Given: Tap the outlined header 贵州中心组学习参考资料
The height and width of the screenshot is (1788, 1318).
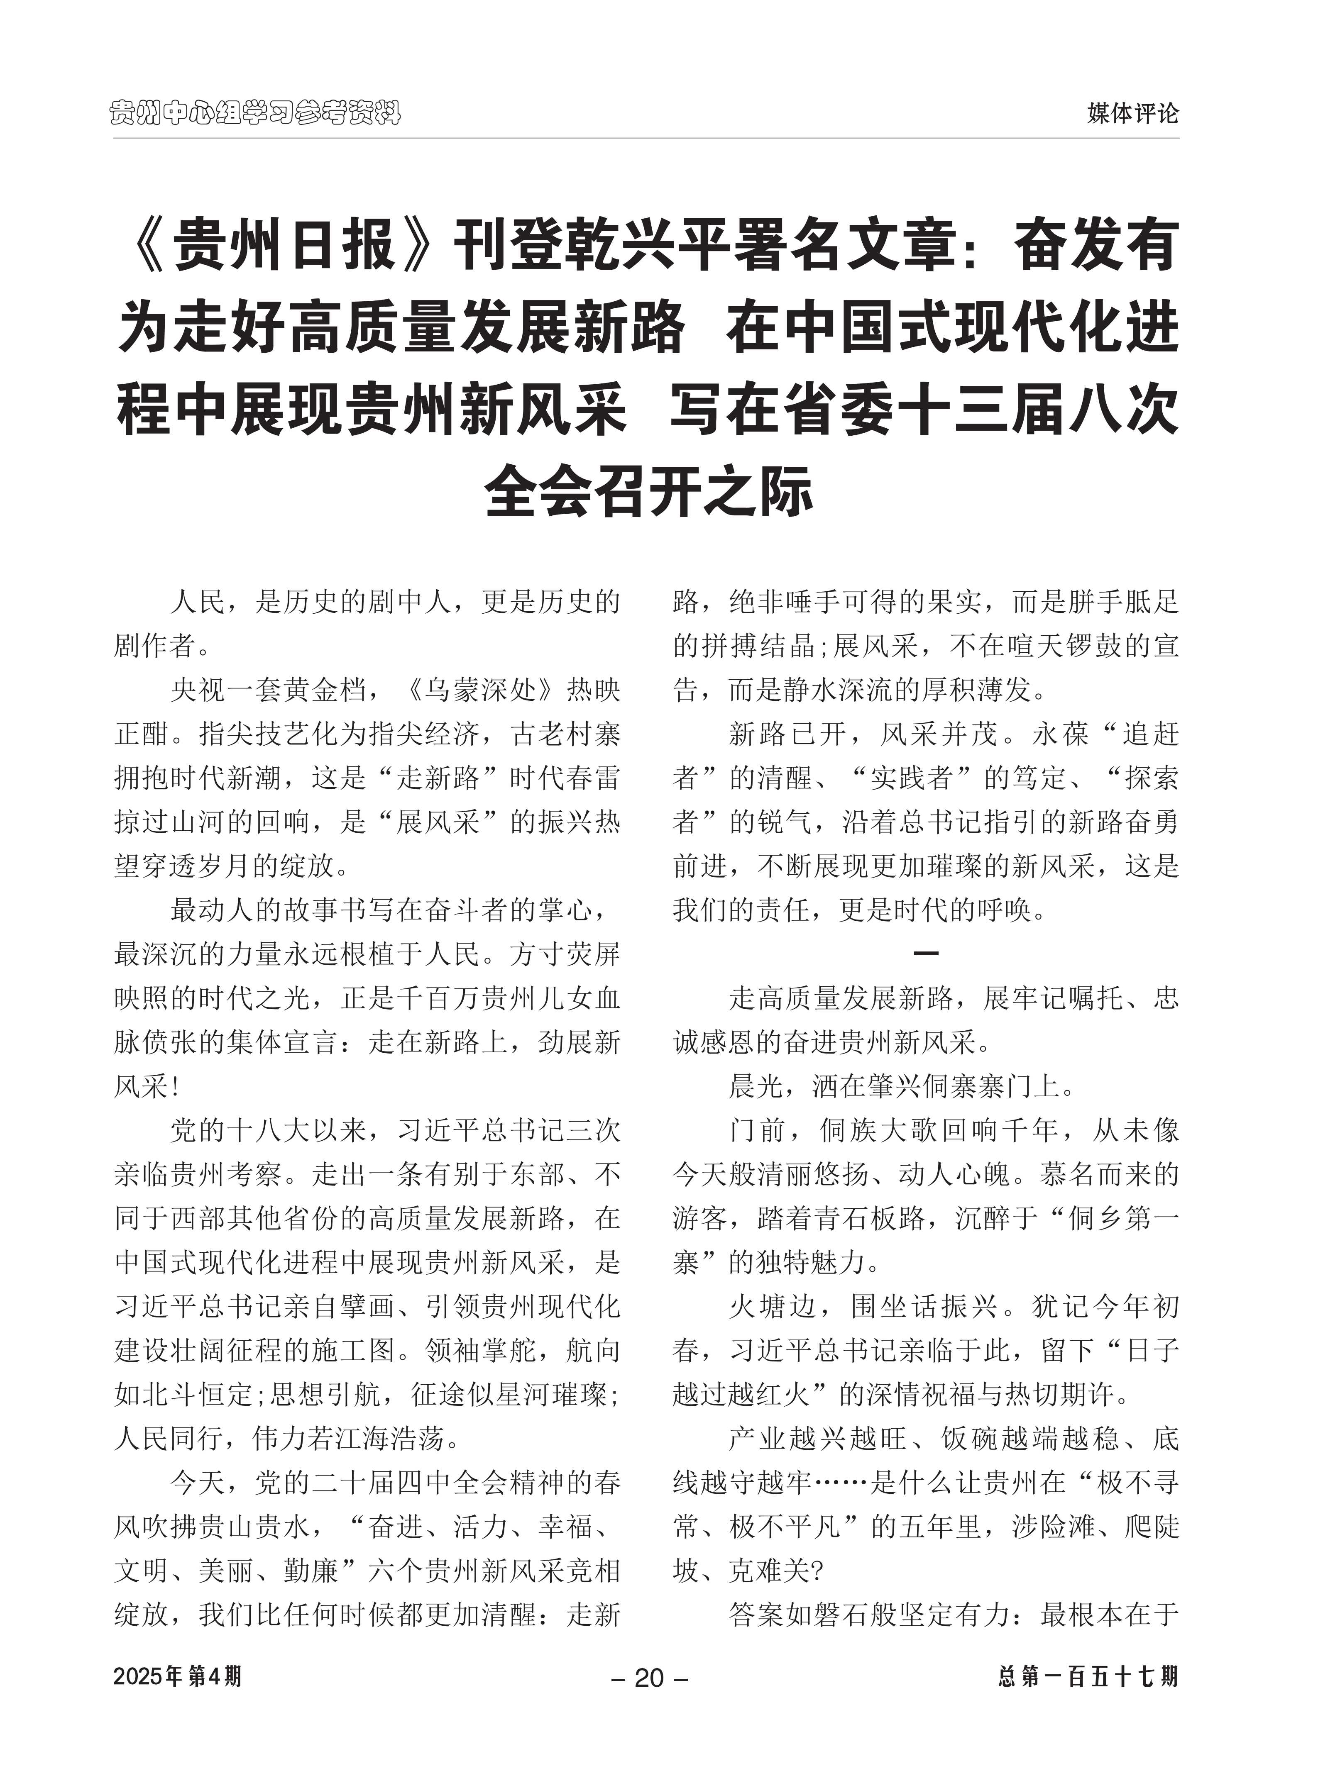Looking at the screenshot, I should point(255,113).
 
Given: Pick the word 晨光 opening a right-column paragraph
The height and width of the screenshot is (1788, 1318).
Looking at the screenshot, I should point(756,1086).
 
